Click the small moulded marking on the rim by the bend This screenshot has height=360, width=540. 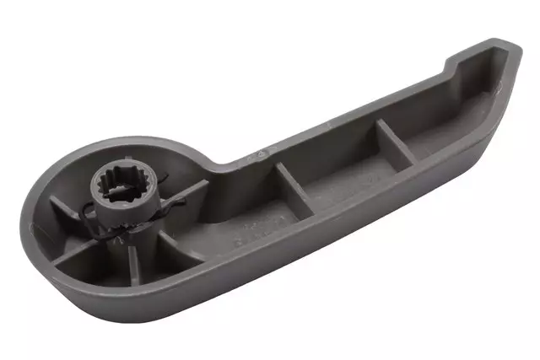[262, 154]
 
